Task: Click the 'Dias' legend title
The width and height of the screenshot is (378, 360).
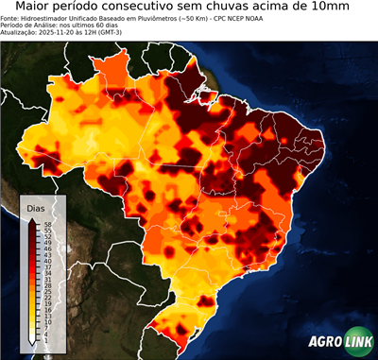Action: click(x=35, y=208)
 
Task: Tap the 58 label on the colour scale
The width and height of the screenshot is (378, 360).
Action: click(x=46, y=223)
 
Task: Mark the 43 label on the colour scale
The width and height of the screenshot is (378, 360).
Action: click(x=46, y=253)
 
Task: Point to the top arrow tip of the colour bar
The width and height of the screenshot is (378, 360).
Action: click(x=33, y=218)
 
